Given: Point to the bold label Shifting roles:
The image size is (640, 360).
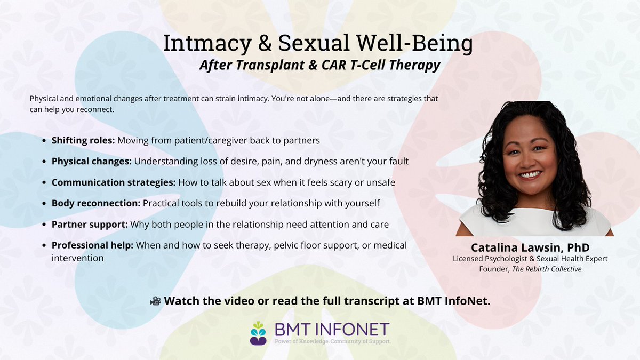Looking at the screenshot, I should pos(83,141).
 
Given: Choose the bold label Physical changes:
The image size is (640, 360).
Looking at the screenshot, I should pos(91,161).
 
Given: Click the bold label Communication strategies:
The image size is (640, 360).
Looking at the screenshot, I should pos(113,182).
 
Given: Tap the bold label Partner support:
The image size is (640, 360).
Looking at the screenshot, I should pos(89,225).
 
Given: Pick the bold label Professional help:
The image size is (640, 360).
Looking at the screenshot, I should pos(92,245).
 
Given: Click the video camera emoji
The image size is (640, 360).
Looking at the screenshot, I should pos(155,301).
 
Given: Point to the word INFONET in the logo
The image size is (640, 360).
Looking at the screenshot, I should pos(350,329).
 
